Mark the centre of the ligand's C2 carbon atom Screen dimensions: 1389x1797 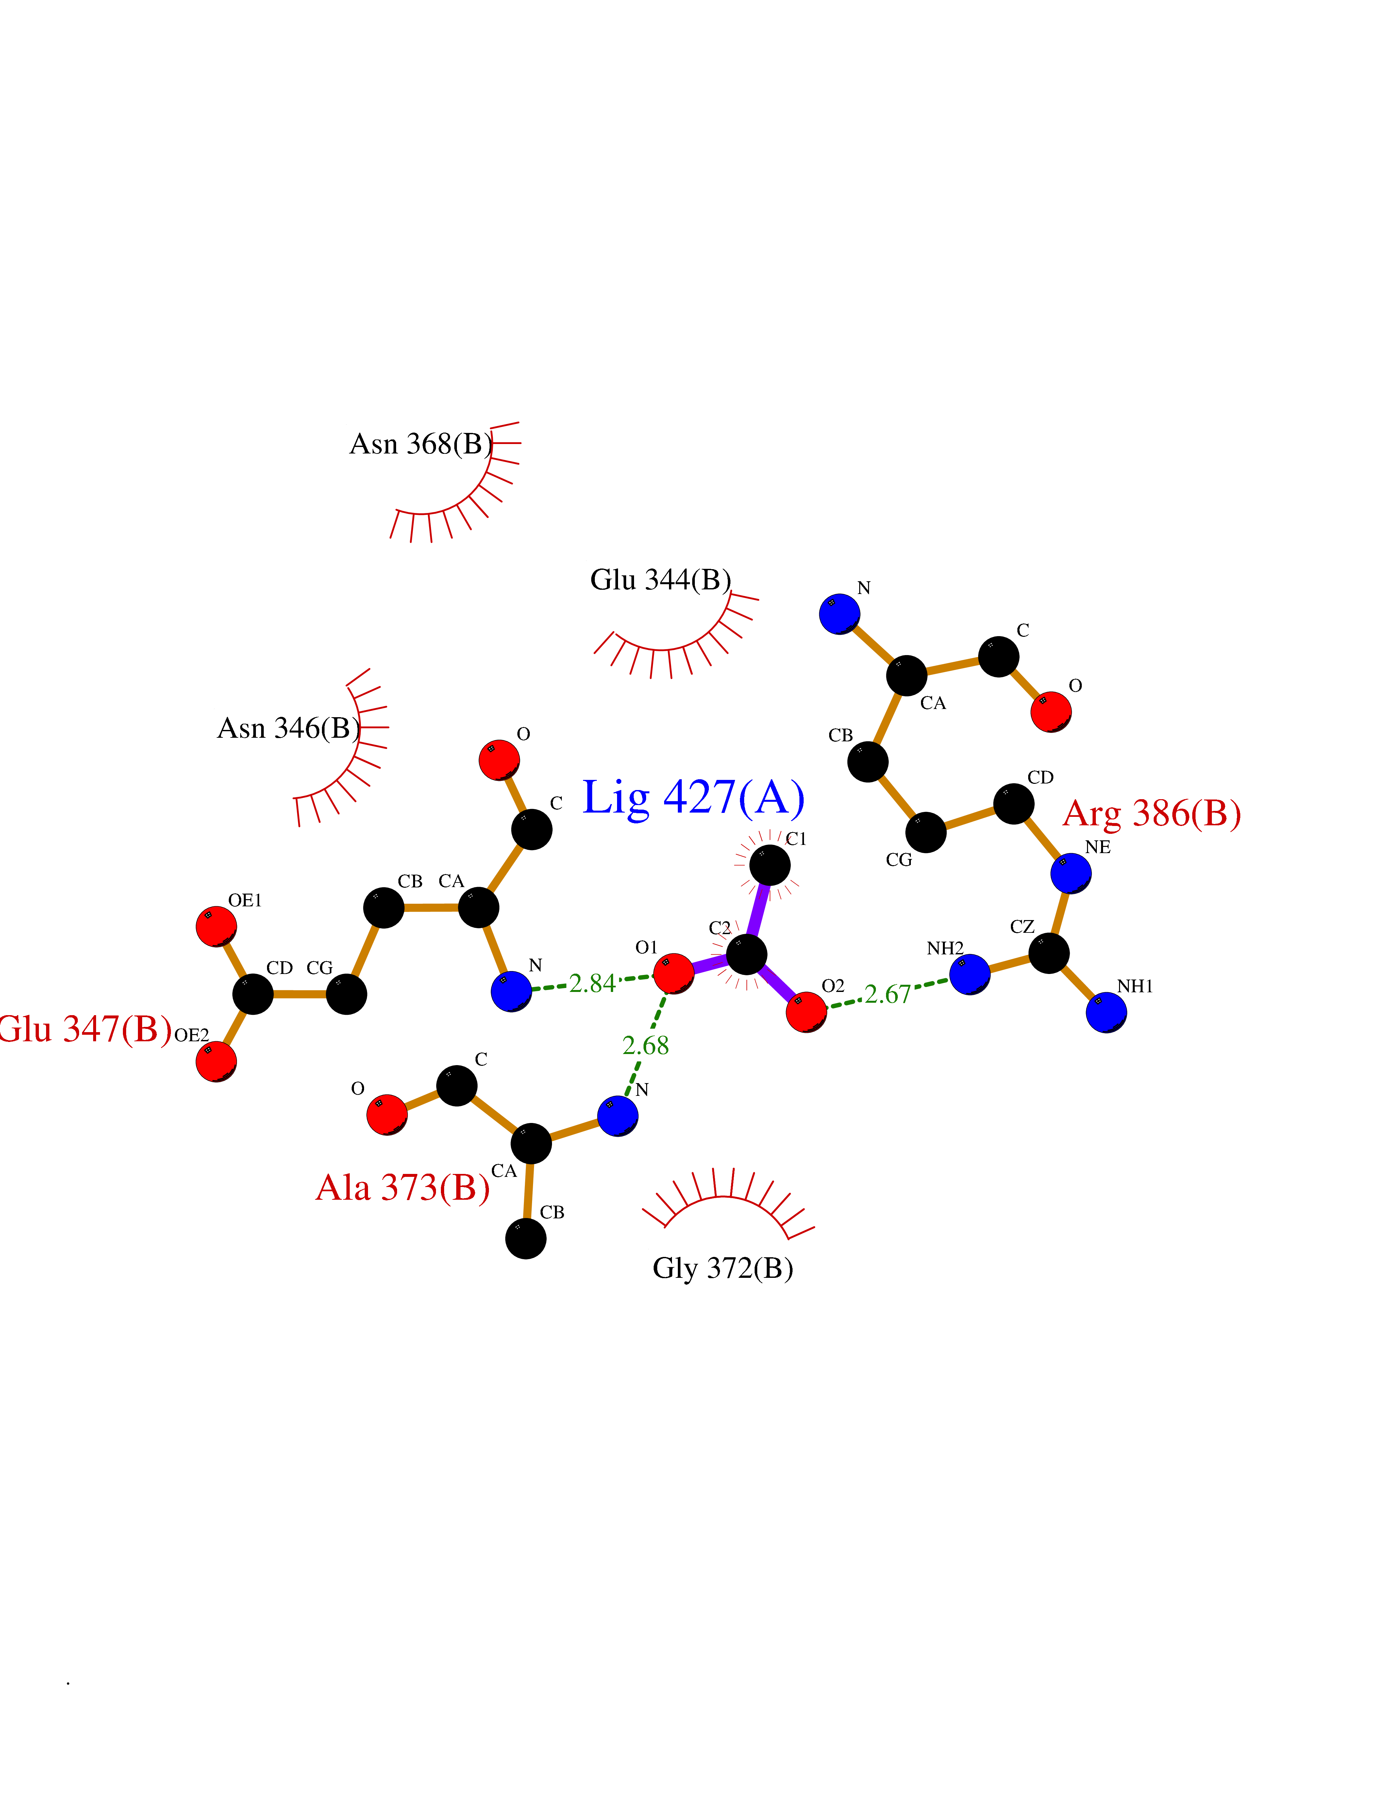click(x=746, y=954)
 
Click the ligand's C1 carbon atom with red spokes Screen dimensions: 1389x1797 click(x=769, y=865)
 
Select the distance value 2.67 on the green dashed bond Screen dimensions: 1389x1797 click(x=888, y=994)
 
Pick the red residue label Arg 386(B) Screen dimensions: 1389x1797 click(x=1152, y=814)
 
